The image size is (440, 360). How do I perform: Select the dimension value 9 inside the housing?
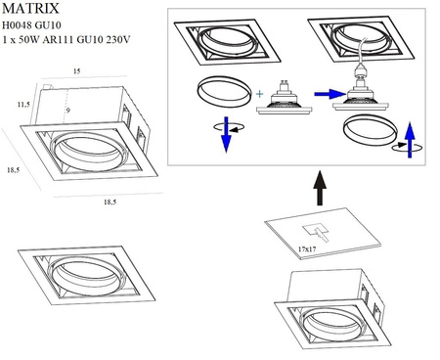[x=68, y=111]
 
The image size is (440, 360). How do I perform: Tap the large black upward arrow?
[x=320, y=185]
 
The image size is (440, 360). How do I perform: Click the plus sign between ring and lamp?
[x=260, y=94]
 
